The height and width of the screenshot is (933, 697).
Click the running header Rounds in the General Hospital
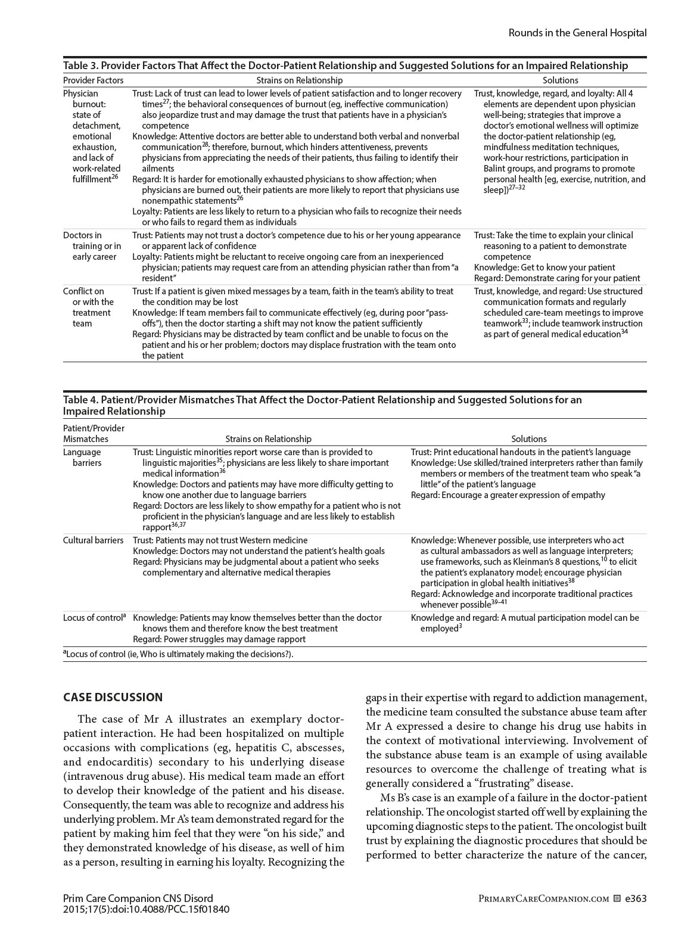577,33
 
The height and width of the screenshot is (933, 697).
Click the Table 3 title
346,66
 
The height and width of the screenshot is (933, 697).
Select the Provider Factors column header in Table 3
94,80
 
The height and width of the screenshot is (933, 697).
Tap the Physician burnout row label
92,136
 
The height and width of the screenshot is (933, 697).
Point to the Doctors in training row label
92,246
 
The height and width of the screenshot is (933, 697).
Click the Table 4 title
322,405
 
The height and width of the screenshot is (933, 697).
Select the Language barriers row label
82,458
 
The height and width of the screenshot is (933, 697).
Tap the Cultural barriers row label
94,540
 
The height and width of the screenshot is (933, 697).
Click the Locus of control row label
94,618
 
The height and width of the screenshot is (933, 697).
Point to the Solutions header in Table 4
528,439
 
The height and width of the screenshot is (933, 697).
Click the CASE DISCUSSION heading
113,698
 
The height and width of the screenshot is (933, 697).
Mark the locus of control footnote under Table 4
178,654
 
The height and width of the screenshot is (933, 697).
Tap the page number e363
636,898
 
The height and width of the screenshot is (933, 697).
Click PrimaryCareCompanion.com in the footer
543,899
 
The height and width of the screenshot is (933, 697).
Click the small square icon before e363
617,898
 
